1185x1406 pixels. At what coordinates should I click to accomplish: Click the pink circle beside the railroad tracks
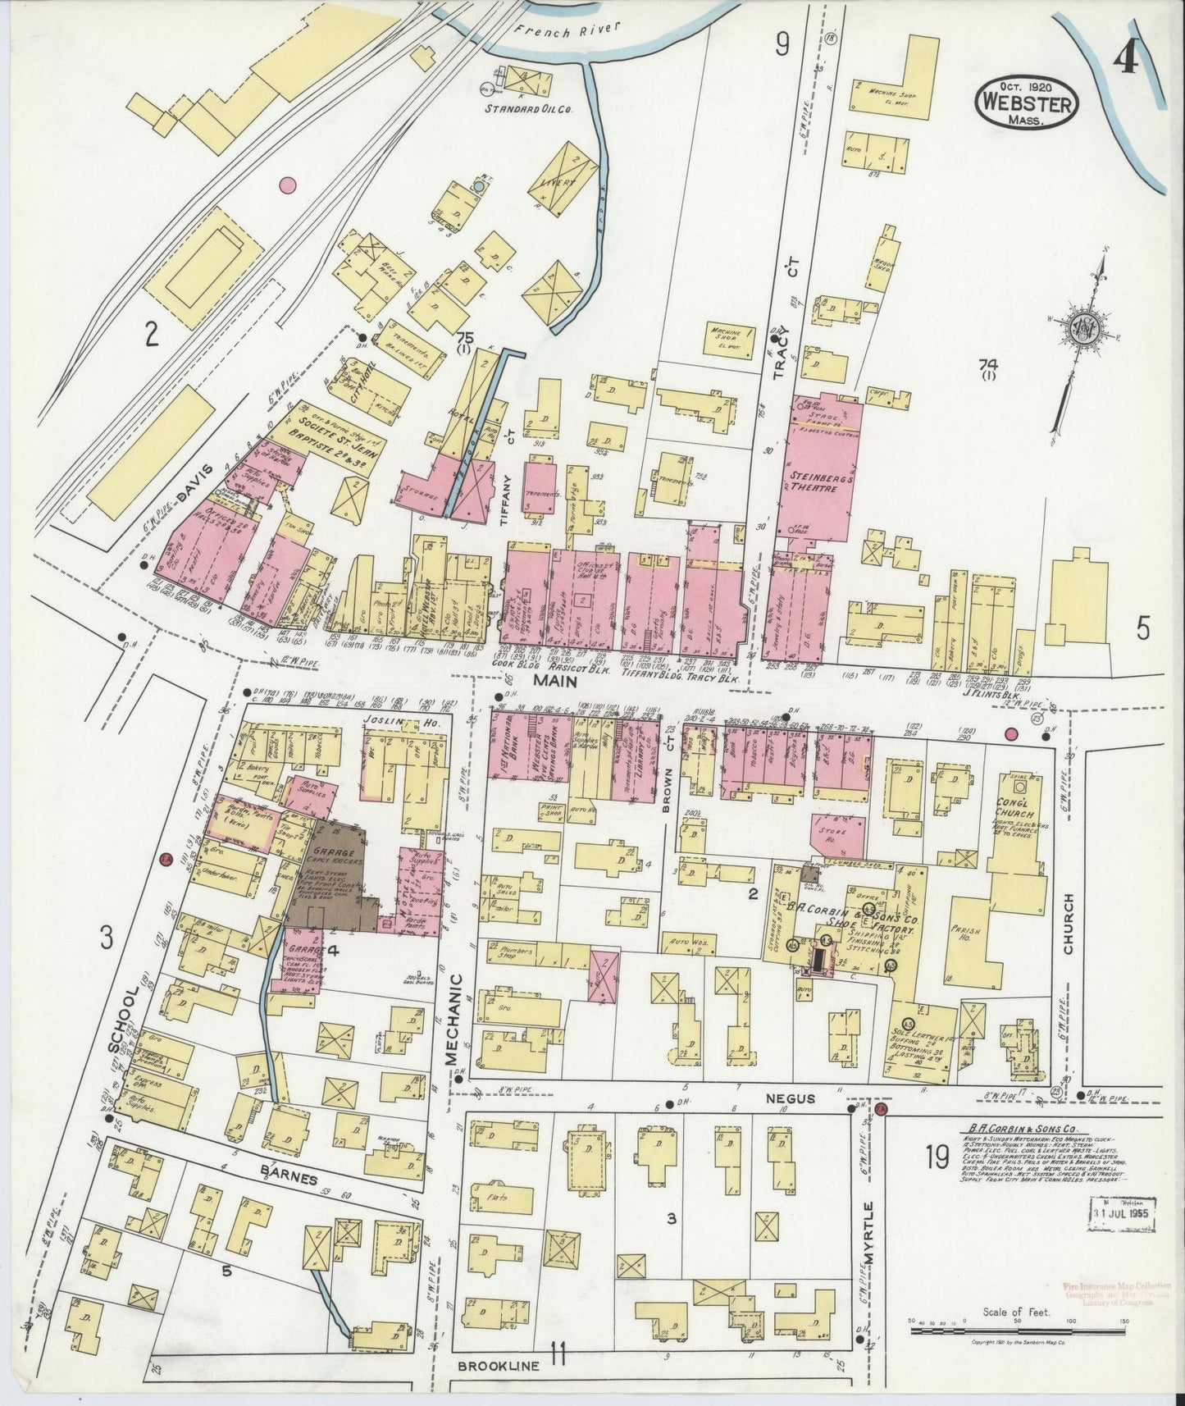point(287,185)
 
